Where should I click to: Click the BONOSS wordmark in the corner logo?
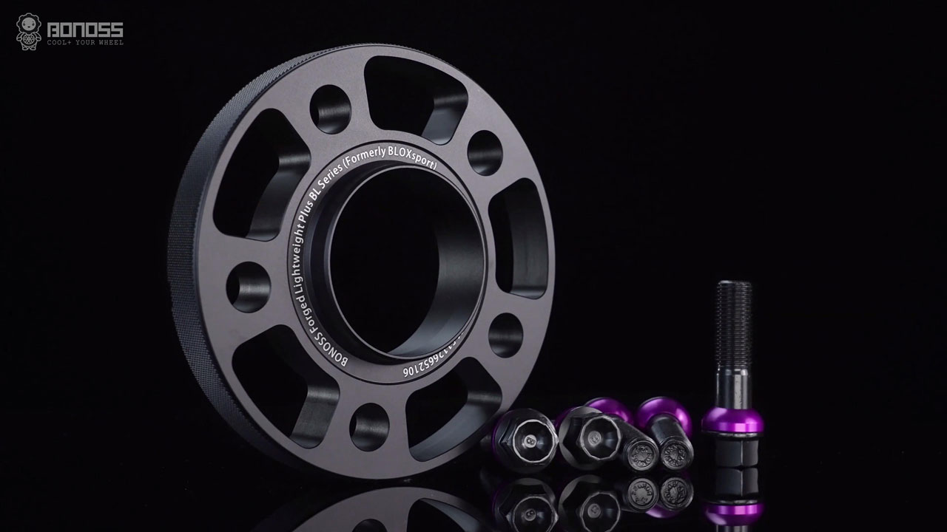click(85, 30)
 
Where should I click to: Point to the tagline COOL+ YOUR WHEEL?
click(85, 43)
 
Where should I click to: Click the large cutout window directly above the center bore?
click(414, 92)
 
